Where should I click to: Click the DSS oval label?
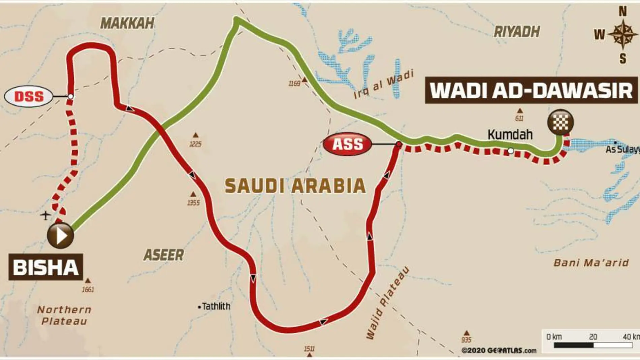tap(29, 96)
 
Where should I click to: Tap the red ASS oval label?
tap(347, 144)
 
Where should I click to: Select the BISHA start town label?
tap(46, 267)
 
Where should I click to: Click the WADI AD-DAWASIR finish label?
tap(531, 91)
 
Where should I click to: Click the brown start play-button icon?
tap(61, 235)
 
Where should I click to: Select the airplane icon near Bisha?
tap(45, 215)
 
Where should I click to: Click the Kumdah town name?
tap(510, 135)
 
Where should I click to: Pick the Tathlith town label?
tap(216, 306)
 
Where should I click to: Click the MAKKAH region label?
tap(127, 23)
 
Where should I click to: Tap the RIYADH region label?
tap(517, 32)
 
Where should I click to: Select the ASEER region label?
tap(164, 255)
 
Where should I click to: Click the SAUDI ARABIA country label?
tap(295, 186)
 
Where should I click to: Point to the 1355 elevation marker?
tap(193, 199)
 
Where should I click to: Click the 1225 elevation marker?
tap(195, 140)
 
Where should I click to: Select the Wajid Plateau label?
tap(388, 303)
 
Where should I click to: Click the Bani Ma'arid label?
tap(591, 263)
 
